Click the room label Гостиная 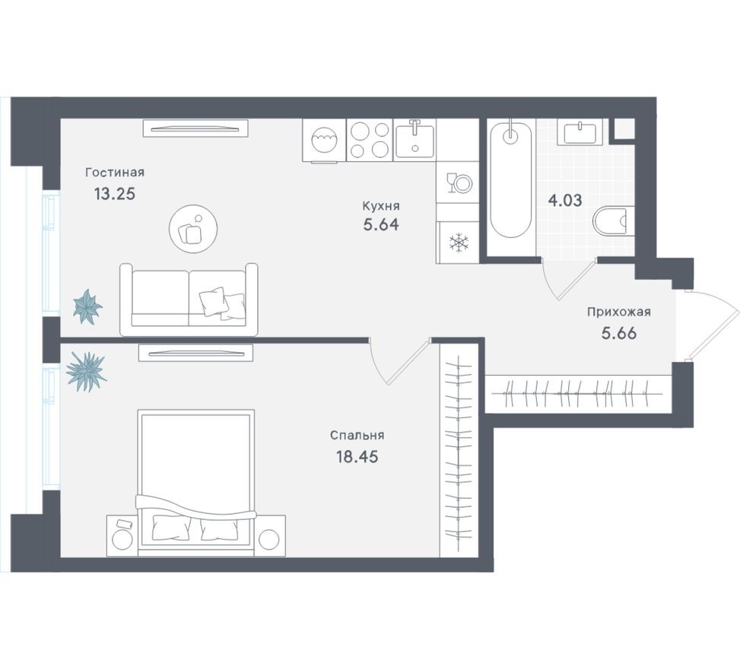pos(115,173)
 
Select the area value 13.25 pos(115,193)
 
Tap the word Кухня pos(381,205)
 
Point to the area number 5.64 pos(381,225)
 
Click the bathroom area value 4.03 pos(565,201)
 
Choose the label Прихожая pos(618,311)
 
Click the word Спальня pos(357,436)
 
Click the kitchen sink pos(414,140)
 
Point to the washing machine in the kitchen pos(324,141)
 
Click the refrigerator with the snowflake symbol pos(459,243)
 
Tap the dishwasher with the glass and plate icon pos(458,183)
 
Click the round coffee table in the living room pos(193,227)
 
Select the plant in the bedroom pos(85,371)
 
